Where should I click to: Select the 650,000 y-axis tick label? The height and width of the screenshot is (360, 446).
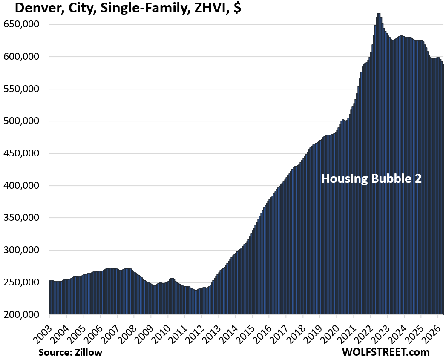coord(21,24)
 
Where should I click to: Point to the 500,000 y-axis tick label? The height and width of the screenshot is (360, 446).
coord(21,121)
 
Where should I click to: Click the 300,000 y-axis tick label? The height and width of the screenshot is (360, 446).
coord(21,250)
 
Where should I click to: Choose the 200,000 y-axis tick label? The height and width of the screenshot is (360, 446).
coord(21,314)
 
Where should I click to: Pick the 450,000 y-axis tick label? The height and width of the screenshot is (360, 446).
coord(21,153)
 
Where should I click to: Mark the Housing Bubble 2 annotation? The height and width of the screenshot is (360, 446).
coord(371,179)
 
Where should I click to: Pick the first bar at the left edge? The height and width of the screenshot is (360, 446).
coord(50,297)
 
